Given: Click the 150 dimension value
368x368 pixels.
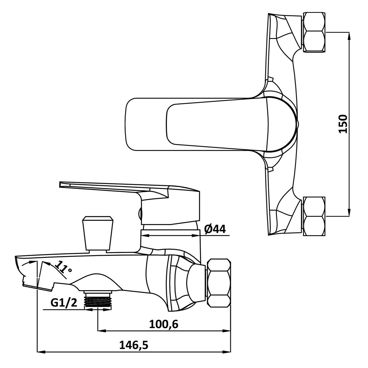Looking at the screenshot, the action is pos(343,124).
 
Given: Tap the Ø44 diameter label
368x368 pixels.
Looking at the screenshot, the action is pos(215,229).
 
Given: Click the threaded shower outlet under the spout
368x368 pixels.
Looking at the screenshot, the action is pos(98,301).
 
